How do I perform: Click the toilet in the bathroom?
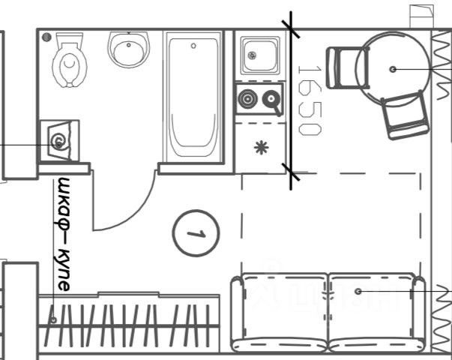click(69, 61)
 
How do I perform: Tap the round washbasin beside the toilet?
click(130, 49)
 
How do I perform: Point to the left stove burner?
click(247, 98)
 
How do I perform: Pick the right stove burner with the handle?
click(271, 98)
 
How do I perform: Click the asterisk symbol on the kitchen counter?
click(260, 147)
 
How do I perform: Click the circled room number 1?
click(195, 233)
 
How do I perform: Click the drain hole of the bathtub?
click(193, 46)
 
